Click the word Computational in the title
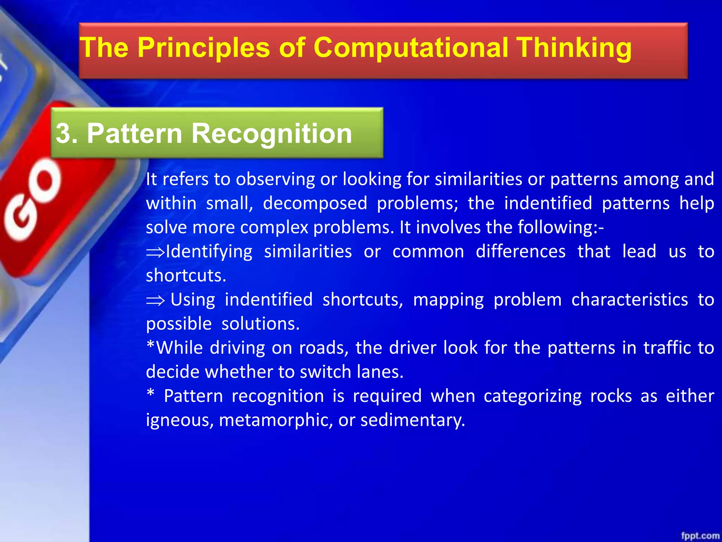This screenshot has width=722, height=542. (x=410, y=48)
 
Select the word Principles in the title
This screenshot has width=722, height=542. (x=203, y=48)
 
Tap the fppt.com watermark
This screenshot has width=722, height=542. (x=700, y=535)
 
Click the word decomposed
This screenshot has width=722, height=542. (x=315, y=204)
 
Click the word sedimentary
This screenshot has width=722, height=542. (x=412, y=420)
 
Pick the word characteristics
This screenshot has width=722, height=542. (x=629, y=300)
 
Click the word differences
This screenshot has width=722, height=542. (x=520, y=252)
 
